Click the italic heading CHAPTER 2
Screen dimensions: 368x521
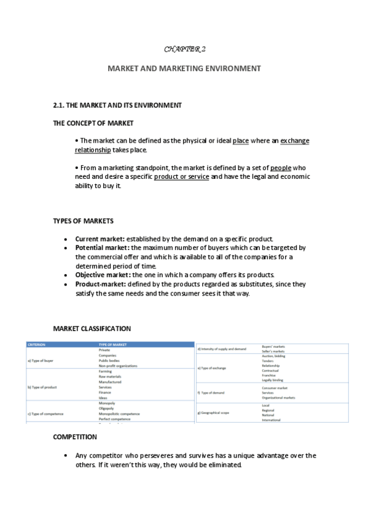pos(184,48)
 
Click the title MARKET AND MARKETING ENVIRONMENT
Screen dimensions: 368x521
pos(184,68)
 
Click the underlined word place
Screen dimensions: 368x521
pos(241,141)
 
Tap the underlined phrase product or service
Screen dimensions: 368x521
pos(182,176)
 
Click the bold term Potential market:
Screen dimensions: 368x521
pos(102,248)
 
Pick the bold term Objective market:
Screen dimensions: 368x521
pos(103,275)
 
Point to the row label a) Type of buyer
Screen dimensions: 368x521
pos(42,361)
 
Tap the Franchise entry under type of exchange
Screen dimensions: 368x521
pos(269,375)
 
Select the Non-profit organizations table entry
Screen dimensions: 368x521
pos(118,366)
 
